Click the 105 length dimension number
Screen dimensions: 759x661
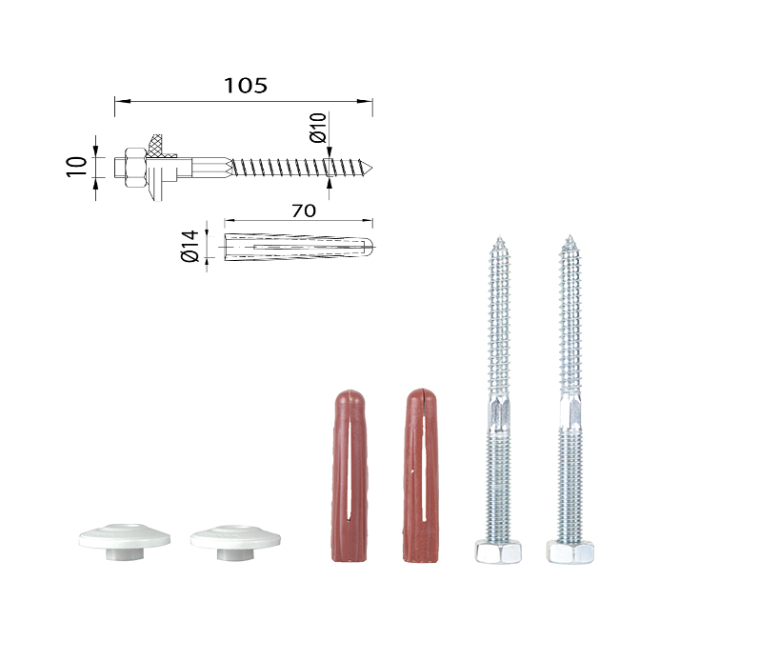(246, 86)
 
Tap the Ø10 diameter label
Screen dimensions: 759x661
(318, 128)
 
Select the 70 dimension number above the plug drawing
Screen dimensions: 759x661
(304, 210)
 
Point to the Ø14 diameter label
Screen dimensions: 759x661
(190, 246)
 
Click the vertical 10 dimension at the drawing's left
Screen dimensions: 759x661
(77, 167)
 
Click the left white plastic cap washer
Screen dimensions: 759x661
(125, 541)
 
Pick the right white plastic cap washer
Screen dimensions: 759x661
(235, 542)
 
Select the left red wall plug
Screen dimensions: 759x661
(349, 476)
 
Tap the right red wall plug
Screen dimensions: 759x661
(421, 475)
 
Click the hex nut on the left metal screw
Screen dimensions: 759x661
(498, 551)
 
